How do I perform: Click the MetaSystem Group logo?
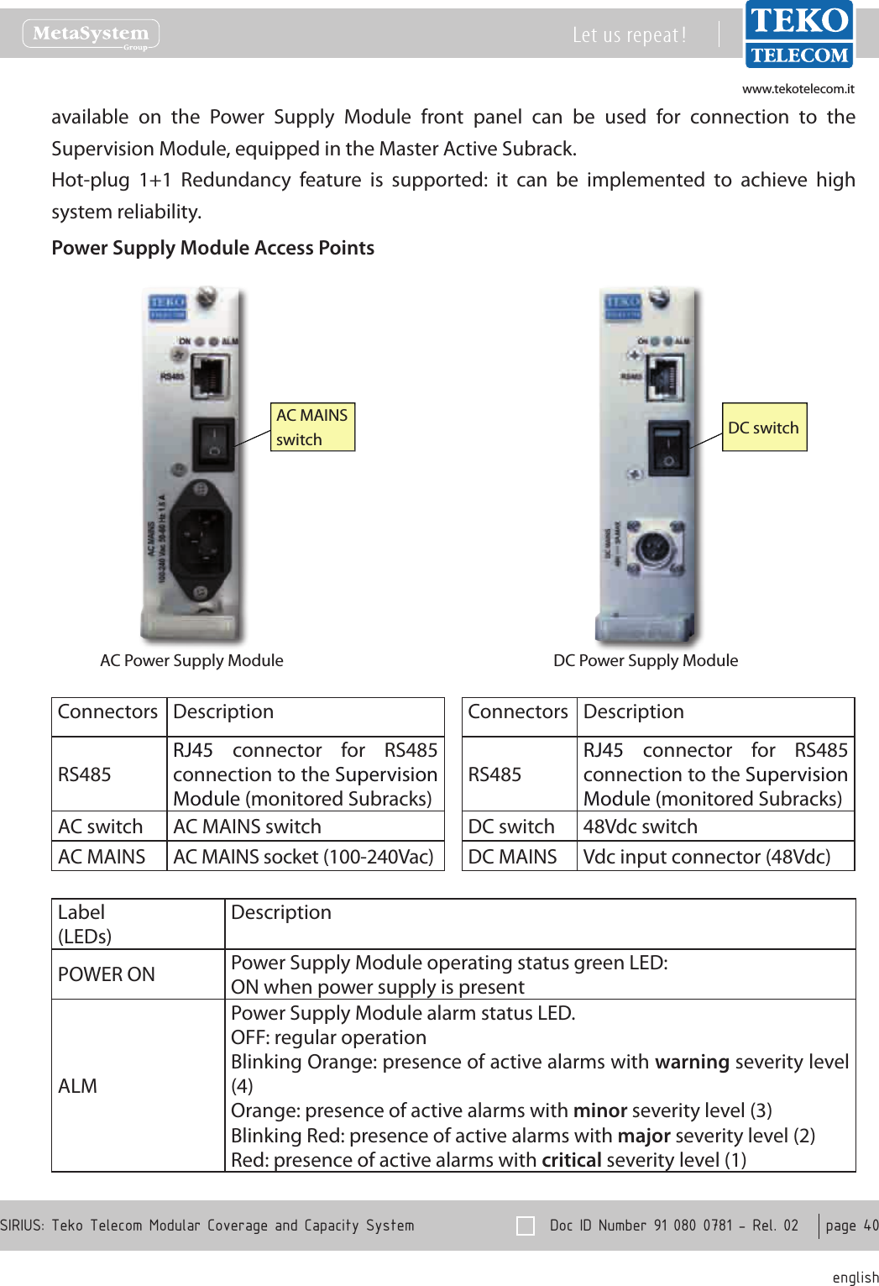point(91,34)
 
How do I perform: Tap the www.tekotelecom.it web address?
point(798,89)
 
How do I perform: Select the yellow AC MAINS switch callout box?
point(312,427)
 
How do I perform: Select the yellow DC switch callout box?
point(764,428)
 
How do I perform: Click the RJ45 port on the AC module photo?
point(210,376)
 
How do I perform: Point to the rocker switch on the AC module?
point(213,443)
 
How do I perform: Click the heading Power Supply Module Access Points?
point(213,248)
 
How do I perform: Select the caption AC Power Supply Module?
point(191,660)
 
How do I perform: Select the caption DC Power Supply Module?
point(646,660)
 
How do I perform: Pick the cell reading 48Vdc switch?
point(641,827)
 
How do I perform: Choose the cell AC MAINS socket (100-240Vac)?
point(303,857)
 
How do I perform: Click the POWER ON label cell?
point(107,974)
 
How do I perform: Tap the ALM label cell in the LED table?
point(78,1086)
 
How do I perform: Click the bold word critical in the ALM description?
point(572,1160)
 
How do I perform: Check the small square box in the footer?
point(526,1226)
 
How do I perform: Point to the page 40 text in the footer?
point(851,1226)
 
